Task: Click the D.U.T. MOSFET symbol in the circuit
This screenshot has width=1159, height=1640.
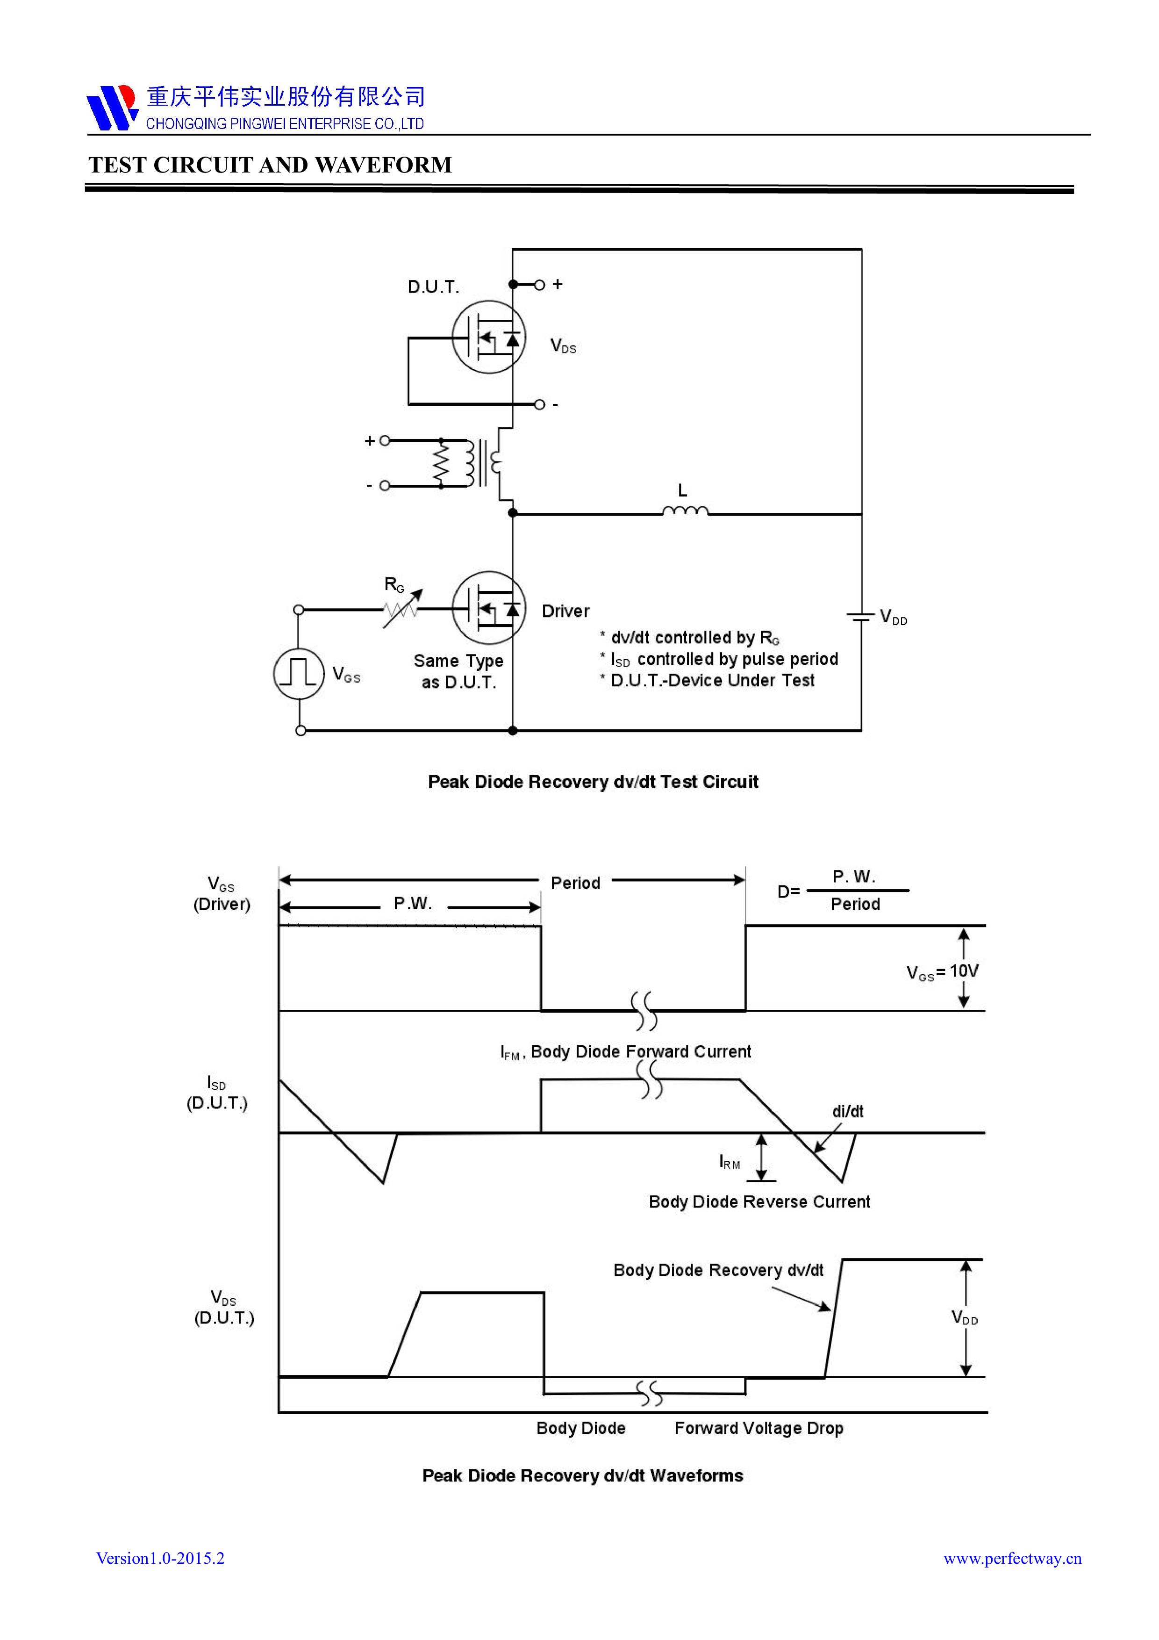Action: [x=489, y=337]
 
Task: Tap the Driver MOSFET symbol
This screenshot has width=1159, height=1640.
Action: [x=489, y=609]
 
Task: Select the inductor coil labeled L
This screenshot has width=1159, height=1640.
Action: [x=685, y=511]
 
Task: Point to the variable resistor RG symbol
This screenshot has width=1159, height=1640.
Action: [x=401, y=609]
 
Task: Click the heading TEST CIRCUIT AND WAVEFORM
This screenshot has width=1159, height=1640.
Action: [x=270, y=165]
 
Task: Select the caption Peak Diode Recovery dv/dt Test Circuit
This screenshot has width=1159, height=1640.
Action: [x=593, y=781]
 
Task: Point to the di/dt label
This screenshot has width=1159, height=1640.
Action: [x=848, y=1111]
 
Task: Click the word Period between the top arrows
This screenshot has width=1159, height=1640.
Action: [x=575, y=884]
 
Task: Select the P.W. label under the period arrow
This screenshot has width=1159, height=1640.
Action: [x=413, y=904]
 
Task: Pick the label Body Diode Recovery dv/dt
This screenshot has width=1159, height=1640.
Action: [x=718, y=1270]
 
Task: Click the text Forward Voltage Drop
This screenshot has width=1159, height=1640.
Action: [x=758, y=1428]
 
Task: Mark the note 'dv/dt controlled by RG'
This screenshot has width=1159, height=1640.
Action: [x=694, y=638]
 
